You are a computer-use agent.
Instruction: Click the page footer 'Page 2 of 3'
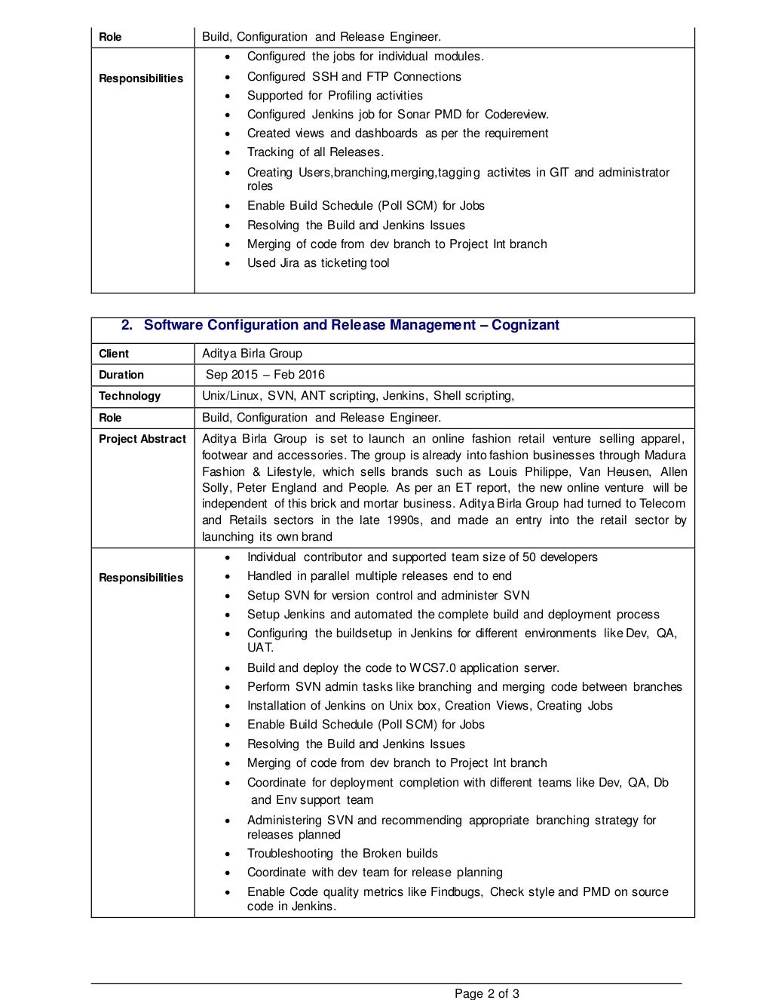point(486,993)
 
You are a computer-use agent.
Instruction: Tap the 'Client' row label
point(114,354)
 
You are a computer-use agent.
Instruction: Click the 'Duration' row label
point(121,375)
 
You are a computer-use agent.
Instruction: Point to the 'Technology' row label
point(130,396)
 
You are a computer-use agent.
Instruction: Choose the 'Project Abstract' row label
point(142,439)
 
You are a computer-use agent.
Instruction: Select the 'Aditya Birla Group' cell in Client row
point(252,354)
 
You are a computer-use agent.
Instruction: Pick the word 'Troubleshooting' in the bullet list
point(290,854)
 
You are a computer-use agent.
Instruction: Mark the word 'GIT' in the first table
point(559,173)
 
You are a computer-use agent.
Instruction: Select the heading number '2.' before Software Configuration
point(127,325)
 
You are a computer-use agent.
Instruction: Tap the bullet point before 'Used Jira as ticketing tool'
point(228,264)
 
